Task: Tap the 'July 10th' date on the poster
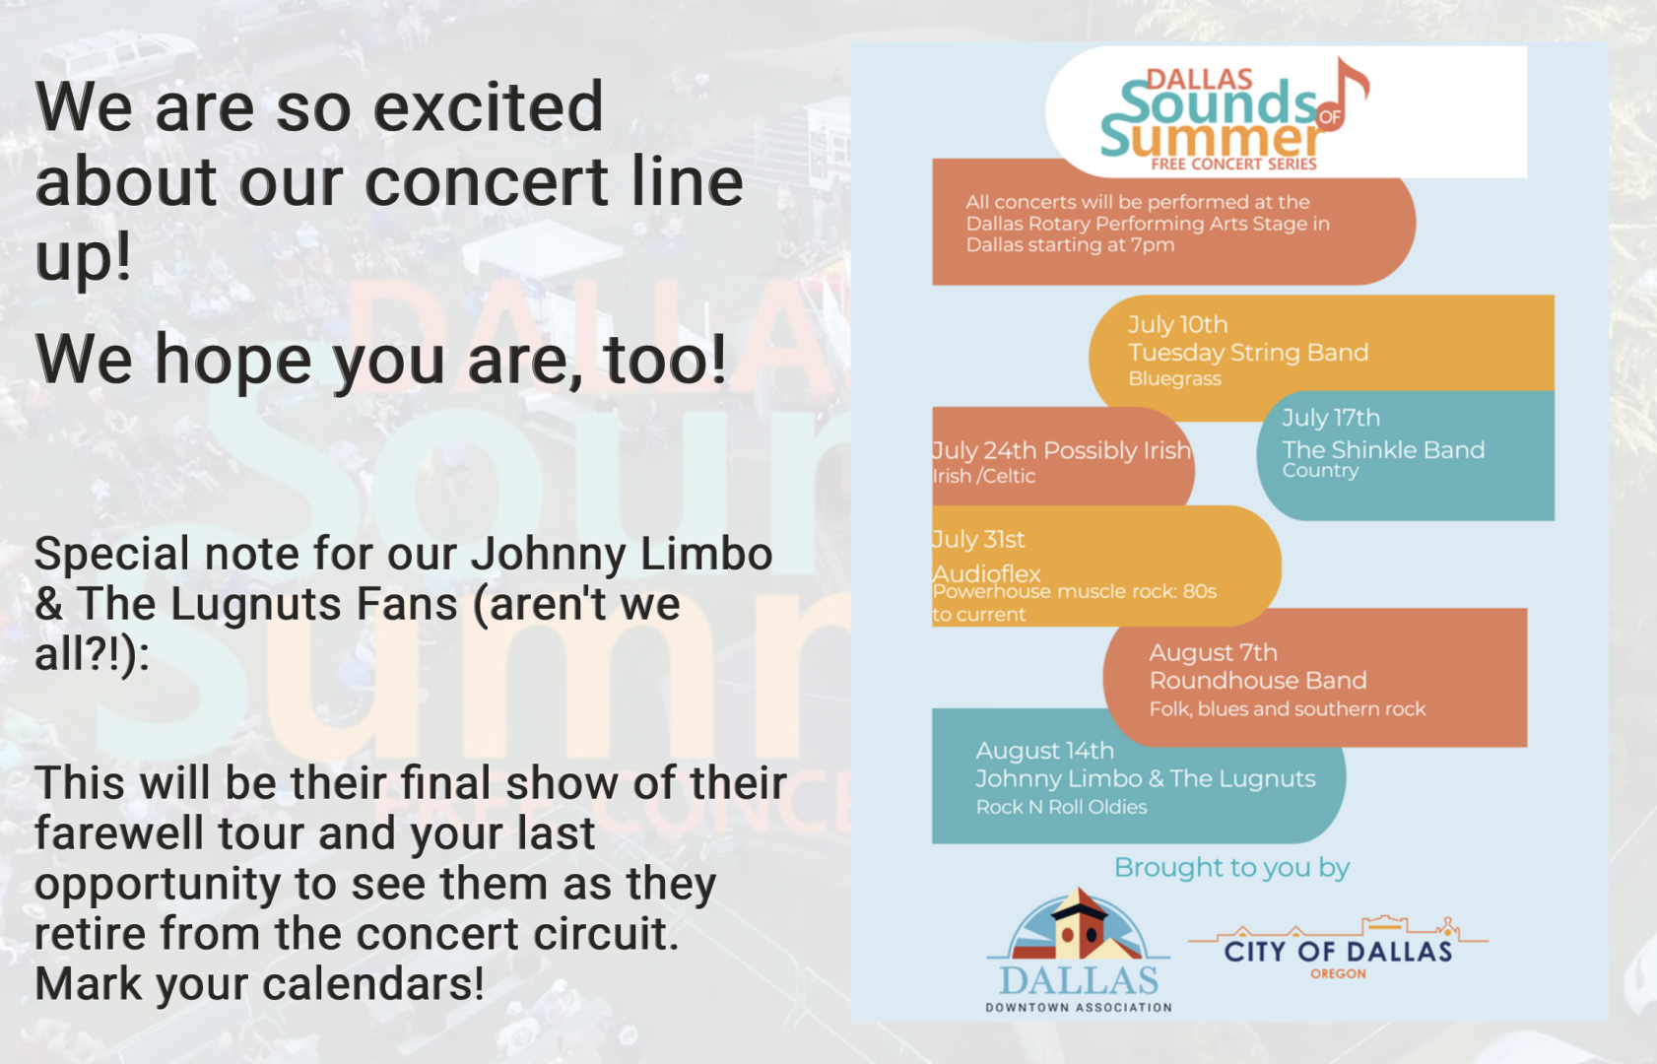point(1177,325)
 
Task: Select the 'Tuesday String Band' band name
point(1248,353)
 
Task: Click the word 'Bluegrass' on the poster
point(1174,379)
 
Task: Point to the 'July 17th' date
point(1331,418)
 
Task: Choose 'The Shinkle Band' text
point(1383,450)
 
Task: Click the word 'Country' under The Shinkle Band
point(1320,471)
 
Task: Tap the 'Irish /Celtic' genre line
point(984,476)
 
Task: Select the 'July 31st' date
point(978,540)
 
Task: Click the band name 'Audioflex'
point(987,573)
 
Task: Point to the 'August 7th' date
point(1213,652)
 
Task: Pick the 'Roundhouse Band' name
point(1258,681)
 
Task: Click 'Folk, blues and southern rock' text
point(1288,708)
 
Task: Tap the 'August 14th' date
point(1044,751)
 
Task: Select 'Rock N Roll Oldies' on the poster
point(1062,807)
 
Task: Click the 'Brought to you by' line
point(1232,867)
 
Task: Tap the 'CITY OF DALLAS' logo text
point(1338,952)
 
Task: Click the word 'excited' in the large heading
point(489,107)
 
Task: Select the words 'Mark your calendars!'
point(260,984)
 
